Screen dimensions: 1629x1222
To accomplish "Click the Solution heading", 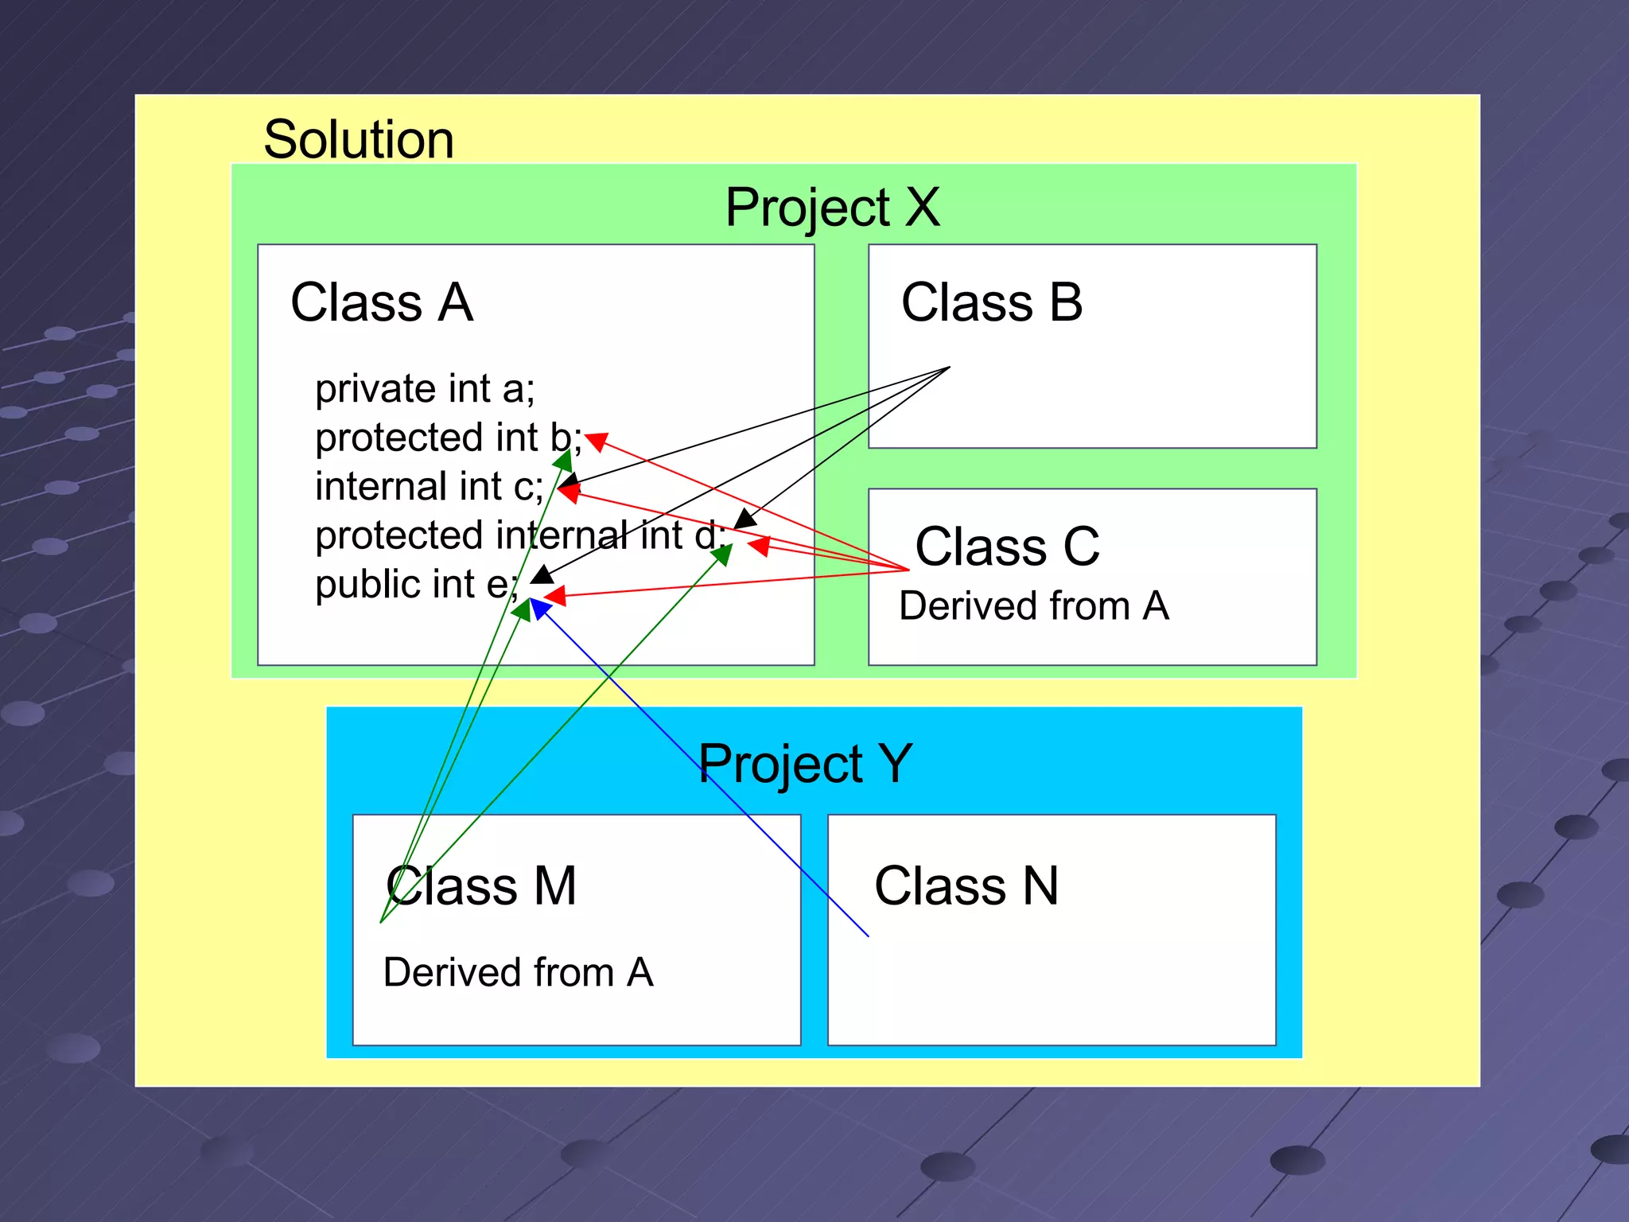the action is [x=359, y=140].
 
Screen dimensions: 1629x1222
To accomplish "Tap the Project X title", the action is [x=832, y=208].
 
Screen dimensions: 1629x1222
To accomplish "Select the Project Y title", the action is [x=805, y=764].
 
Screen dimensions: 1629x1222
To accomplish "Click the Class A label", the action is [x=382, y=303].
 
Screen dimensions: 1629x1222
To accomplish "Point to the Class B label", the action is [x=992, y=303].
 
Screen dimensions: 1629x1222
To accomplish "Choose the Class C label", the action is [x=1007, y=547].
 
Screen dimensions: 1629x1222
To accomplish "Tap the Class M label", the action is [x=481, y=886].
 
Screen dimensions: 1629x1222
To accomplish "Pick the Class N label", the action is [x=966, y=886].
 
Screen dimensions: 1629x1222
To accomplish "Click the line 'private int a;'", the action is [x=425, y=389].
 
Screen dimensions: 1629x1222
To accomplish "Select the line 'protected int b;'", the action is [x=448, y=438].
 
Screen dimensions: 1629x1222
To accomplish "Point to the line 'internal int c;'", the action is [x=430, y=487].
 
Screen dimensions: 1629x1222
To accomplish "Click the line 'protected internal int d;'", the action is [x=520, y=535].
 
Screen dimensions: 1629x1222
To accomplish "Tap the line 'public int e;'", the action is [x=416, y=585].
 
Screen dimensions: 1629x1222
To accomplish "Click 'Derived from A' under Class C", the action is [x=1033, y=606].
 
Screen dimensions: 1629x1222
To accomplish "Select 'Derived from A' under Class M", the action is [x=518, y=973].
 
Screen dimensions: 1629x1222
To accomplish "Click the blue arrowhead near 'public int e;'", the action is [x=539, y=608].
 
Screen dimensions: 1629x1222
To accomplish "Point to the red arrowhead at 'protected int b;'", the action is [x=597, y=441].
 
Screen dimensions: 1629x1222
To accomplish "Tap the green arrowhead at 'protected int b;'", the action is [x=563, y=461].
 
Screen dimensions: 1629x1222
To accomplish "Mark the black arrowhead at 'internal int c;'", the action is [x=568, y=481].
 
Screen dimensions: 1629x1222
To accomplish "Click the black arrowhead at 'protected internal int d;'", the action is [x=745, y=520].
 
